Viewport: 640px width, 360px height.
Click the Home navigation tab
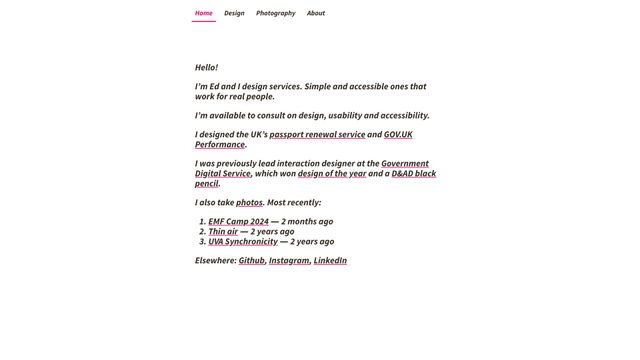pos(204,13)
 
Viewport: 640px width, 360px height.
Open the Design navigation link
pos(234,13)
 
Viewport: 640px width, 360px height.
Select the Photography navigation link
pos(275,13)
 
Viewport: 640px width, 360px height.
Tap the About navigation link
pos(316,13)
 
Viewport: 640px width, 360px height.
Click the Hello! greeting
pos(206,68)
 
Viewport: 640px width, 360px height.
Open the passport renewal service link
pos(317,135)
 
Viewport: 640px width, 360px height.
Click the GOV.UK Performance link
pos(398,135)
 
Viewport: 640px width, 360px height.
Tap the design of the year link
pos(332,174)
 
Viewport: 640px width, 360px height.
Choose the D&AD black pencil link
pos(414,174)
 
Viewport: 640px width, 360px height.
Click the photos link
pos(249,203)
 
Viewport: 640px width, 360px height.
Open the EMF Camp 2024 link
pos(238,222)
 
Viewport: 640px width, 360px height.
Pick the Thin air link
pos(223,232)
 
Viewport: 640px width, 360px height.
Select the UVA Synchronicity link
pos(243,242)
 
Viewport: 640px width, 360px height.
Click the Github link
pos(252,261)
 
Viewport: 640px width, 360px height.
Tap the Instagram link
pos(289,261)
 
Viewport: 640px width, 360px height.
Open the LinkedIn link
pos(330,261)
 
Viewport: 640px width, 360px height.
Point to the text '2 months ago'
pos(308,222)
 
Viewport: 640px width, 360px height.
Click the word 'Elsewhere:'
pos(215,261)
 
